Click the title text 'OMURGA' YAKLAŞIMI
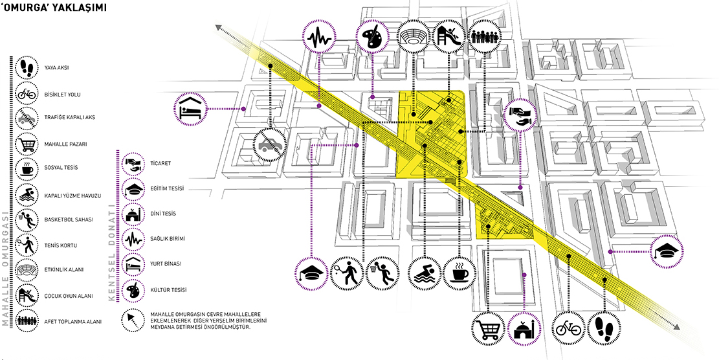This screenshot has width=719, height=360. click(x=54, y=10)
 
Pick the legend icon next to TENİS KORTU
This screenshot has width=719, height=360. click(x=27, y=245)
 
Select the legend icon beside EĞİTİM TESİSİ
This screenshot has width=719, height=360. click(x=133, y=188)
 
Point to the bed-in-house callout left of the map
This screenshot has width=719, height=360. click(x=190, y=108)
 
